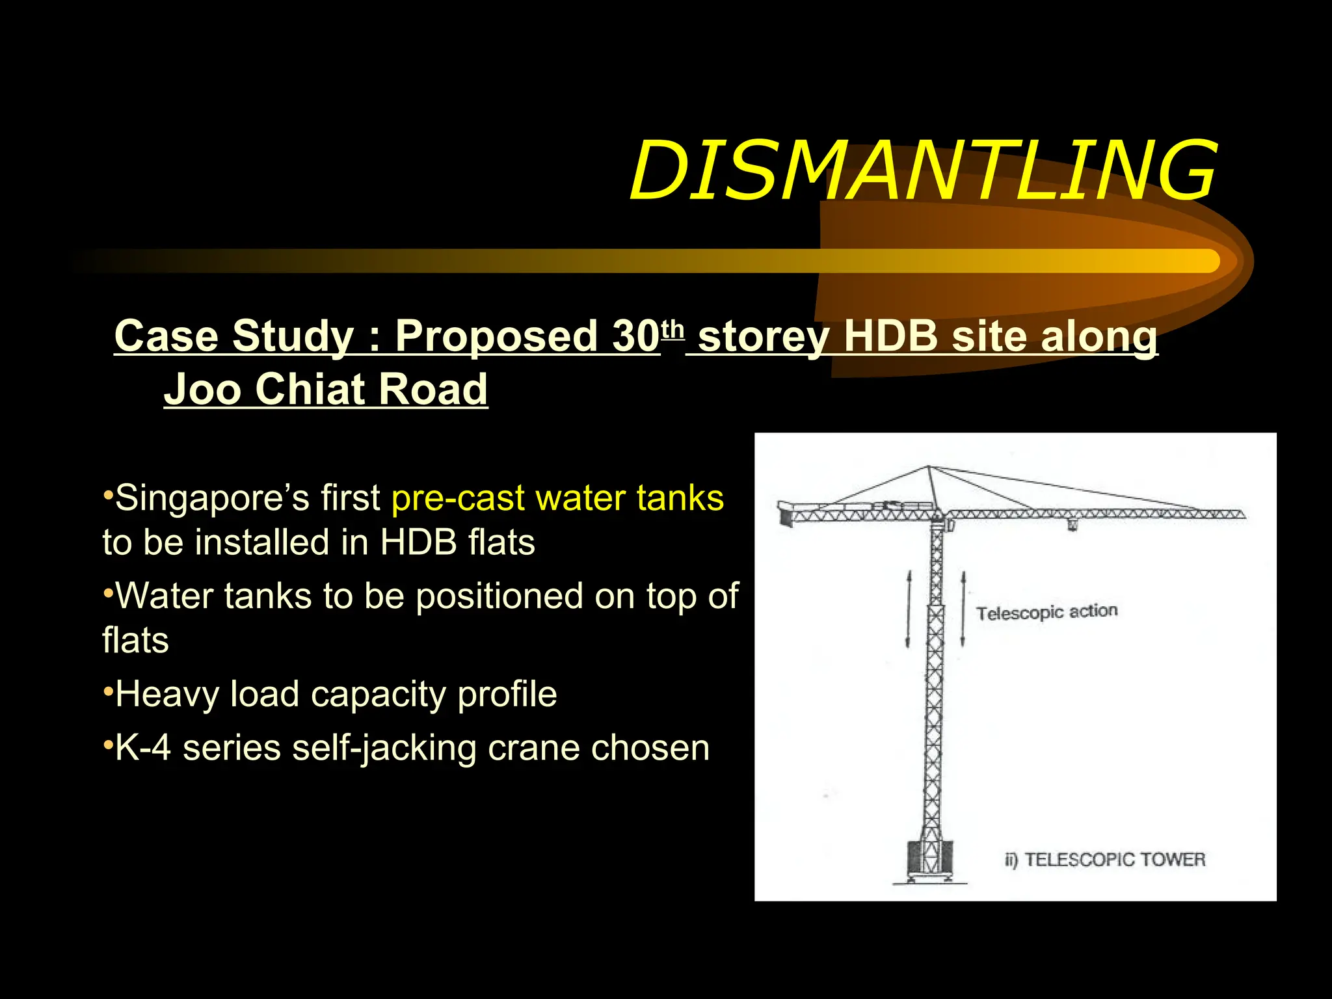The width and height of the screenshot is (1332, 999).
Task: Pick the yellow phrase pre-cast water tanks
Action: [x=557, y=498]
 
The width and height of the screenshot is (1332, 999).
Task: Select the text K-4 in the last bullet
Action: [x=142, y=748]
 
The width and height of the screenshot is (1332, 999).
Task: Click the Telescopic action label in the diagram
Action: [x=1046, y=612]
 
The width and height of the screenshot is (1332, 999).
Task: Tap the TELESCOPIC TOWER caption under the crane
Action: [x=1114, y=860]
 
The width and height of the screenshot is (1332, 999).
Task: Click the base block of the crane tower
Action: [x=930, y=859]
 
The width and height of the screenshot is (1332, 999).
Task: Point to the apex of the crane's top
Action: [x=929, y=467]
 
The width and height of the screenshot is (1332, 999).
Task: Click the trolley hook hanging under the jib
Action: [x=1072, y=524]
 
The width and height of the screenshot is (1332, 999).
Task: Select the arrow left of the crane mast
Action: [x=909, y=609]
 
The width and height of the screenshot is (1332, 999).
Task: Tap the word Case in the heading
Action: [x=166, y=336]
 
